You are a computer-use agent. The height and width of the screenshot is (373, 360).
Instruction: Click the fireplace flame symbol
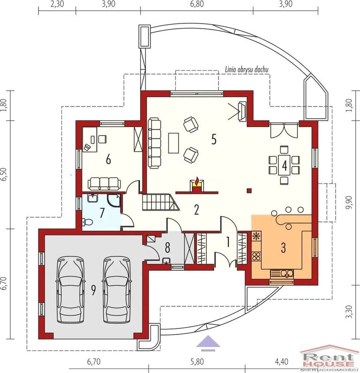tap(197, 181)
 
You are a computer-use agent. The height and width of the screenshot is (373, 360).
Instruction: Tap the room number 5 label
tap(214, 139)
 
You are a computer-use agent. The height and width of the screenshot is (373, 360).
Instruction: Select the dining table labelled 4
tap(284, 165)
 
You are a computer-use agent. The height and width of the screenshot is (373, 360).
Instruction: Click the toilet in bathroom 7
tap(87, 222)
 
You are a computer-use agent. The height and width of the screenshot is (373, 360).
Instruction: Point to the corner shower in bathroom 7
tap(113, 200)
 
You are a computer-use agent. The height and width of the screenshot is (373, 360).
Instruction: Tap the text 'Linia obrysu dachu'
tap(247, 69)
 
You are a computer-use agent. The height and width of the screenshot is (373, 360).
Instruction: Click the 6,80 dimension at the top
tap(197, 4)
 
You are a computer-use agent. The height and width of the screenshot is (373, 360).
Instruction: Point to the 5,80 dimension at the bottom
tap(197, 362)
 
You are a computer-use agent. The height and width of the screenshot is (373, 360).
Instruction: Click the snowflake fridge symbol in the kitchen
tap(256, 236)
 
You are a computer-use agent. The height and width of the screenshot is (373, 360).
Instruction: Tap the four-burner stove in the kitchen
tap(256, 256)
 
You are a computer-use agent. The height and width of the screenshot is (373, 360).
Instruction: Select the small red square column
tap(249, 190)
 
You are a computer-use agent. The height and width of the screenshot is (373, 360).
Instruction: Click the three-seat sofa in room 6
tap(105, 183)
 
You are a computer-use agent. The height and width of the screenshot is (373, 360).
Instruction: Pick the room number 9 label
tap(93, 290)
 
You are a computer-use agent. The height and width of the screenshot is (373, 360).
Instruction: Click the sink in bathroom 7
tap(93, 198)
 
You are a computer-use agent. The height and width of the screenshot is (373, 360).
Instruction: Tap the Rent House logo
tap(330, 358)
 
